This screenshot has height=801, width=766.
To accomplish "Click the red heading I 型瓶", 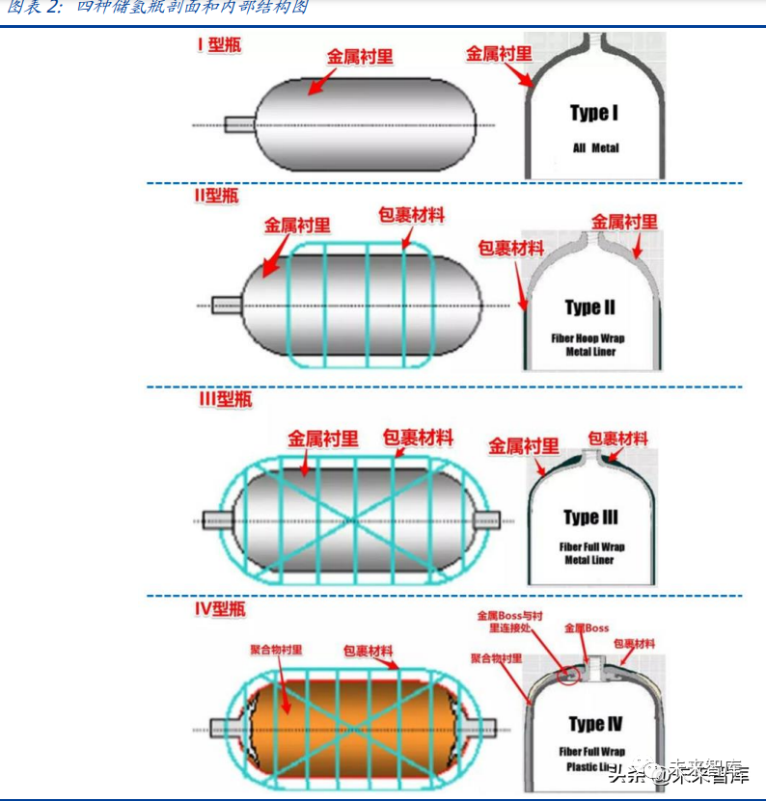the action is point(217,44).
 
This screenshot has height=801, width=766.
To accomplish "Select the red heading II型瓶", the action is point(215,197).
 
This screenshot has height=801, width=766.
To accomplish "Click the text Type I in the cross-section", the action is point(593,114).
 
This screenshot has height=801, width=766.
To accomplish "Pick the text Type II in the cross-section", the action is point(589,307).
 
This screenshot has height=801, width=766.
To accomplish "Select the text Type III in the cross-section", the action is point(590,518).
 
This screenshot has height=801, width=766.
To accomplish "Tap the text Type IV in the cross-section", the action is point(594,724).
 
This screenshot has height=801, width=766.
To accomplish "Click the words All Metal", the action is point(594,148).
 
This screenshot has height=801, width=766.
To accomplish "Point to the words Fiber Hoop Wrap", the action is point(588,339).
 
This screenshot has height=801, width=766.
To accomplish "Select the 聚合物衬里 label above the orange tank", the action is point(279,651).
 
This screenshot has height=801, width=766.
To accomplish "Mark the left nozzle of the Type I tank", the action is point(239,124).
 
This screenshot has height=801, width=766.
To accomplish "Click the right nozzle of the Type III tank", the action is point(485,521).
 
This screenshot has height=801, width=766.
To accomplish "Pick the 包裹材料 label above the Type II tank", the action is point(411,215).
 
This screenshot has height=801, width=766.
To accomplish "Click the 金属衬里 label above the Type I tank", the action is point(360,56).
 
